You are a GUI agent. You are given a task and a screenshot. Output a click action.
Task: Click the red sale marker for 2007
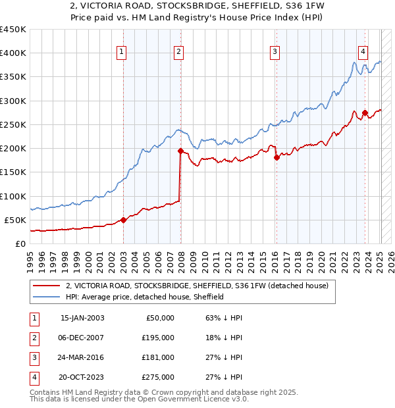(x=180, y=151)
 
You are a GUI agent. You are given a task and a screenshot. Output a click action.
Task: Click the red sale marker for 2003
(x=123, y=220)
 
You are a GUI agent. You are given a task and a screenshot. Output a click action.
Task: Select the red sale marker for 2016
(x=276, y=157)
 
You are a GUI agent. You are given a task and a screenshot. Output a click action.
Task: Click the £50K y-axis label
(x=16, y=220)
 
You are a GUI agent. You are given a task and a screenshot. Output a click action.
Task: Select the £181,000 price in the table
(x=159, y=357)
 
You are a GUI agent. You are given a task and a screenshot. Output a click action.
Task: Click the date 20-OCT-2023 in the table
(x=82, y=377)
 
